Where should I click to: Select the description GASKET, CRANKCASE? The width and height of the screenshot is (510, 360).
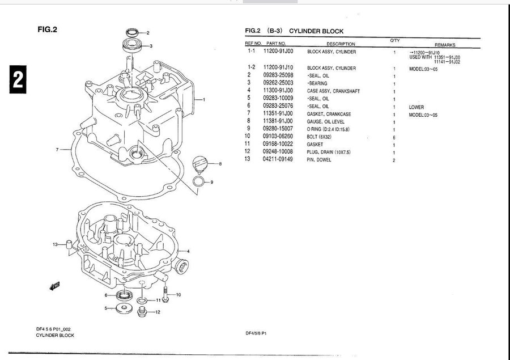pyautogui.click(x=329, y=114)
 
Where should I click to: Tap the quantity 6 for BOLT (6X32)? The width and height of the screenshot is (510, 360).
pyautogui.click(x=393, y=137)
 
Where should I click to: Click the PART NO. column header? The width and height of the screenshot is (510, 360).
pyautogui.click(x=276, y=44)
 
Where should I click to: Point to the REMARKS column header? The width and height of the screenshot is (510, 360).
pyautogui.click(x=444, y=44)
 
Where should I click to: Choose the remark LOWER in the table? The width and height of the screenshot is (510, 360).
pyautogui.click(x=416, y=107)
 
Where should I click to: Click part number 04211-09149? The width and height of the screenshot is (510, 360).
pyautogui.click(x=278, y=160)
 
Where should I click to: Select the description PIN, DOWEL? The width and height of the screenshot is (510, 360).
pyautogui.click(x=320, y=160)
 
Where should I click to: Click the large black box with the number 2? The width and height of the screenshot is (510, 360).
pyautogui.click(x=16, y=80)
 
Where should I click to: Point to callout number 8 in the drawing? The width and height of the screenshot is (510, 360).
pyautogui.click(x=220, y=164)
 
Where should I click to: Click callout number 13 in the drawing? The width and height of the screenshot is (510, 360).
pyautogui.click(x=56, y=244)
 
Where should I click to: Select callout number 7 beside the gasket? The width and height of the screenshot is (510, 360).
pyautogui.click(x=58, y=150)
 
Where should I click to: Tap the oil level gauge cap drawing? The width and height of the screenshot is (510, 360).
pyautogui.click(x=199, y=165)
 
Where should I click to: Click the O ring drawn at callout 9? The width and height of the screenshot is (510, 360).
pyautogui.click(x=199, y=181)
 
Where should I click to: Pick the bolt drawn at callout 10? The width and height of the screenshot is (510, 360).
pyautogui.click(x=164, y=294)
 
